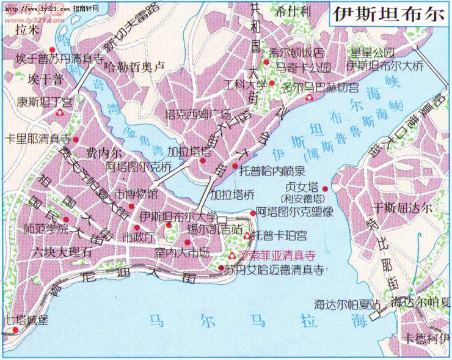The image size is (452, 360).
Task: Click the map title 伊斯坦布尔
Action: (388, 15)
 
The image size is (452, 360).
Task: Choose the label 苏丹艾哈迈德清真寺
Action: (273, 269)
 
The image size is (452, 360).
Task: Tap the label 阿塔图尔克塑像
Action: (294, 212)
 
